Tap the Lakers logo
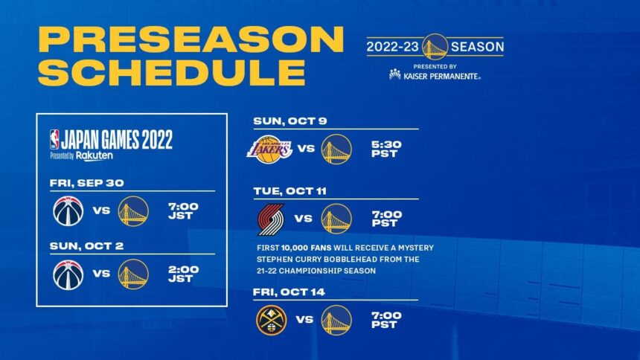[269, 149]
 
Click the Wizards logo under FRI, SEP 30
[68, 210]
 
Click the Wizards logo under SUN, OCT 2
[68, 274]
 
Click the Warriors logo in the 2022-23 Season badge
[435, 47]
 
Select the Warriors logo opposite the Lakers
[336, 149]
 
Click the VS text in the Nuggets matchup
[304, 320]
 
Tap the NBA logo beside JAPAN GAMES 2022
[54, 139]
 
